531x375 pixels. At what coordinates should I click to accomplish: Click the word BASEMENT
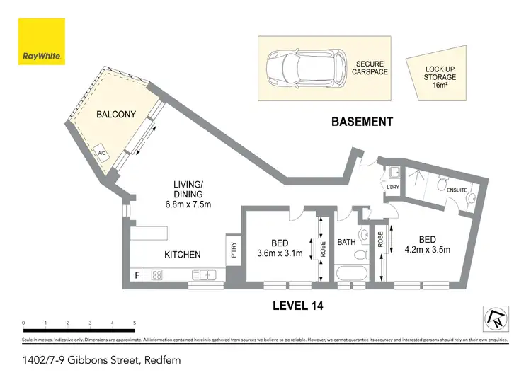click(362, 122)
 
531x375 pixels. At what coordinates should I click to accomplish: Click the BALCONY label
click(115, 114)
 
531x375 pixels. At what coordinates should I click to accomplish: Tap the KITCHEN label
click(183, 254)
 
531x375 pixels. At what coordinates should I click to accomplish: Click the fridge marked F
click(135, 275)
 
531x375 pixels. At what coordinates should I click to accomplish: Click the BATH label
click(346, 242)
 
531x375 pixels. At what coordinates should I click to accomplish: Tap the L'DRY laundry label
click(393, 187)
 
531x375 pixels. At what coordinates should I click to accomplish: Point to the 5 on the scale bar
click(135, 323)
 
